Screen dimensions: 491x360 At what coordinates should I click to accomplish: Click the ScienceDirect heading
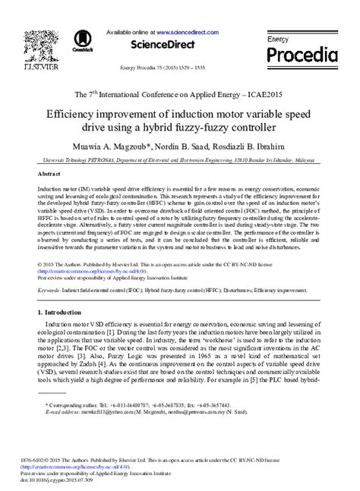(x=179, y=46)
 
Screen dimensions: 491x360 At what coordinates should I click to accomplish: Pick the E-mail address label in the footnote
(x=61, y=413)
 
